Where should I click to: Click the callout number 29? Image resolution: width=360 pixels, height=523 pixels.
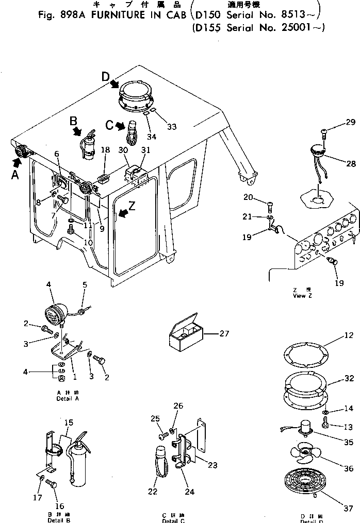(350, 122)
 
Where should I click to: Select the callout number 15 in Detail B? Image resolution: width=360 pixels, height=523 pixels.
(69, 422)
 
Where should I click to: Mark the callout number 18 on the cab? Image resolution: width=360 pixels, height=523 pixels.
(106, 149)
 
